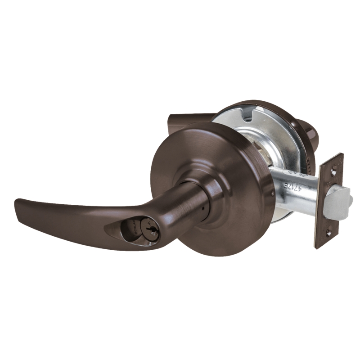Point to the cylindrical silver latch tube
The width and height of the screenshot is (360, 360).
[292, 184]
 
